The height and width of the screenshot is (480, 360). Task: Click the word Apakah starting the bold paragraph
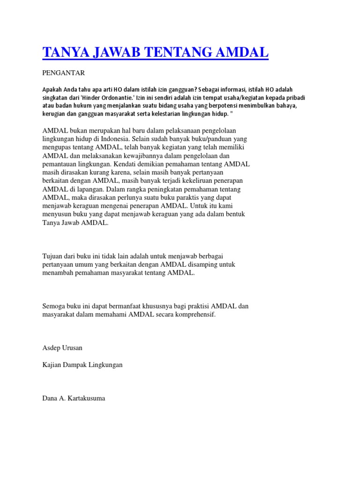[x=52, y=89]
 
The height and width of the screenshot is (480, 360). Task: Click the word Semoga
[x=55, y=306]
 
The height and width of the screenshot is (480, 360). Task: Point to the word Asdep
[x=51, y=348]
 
